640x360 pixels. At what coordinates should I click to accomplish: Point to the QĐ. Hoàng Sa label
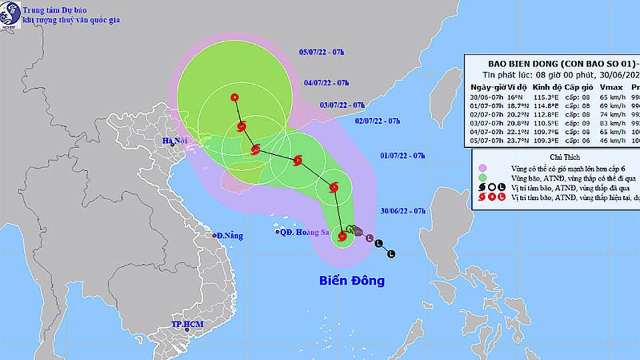point(303,233)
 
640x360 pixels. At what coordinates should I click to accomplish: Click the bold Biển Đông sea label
point(352,281)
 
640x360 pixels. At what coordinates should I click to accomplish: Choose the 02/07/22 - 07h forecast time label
point(377,121)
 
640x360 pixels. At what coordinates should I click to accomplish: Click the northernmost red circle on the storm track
point(235,97)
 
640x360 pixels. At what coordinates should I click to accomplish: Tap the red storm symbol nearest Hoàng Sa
point(343,235)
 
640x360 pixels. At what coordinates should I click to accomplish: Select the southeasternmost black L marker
point(391,253)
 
